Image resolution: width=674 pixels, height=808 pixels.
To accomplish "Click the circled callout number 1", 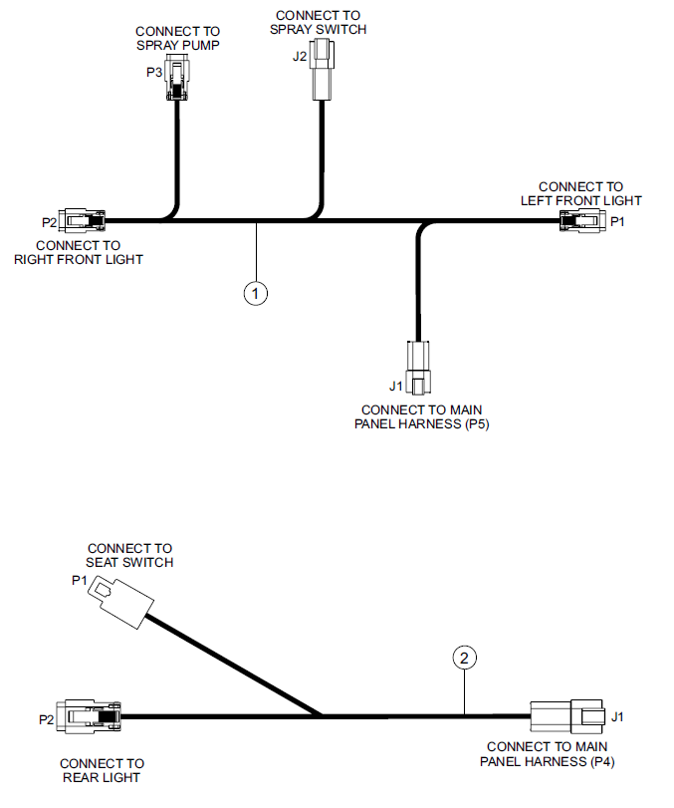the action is point(256,294).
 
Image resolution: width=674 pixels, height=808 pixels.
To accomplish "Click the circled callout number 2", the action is point(465,658).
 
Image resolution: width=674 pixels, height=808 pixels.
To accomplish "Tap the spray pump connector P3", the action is point(176,80).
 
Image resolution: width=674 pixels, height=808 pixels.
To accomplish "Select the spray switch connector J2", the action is point(323,70).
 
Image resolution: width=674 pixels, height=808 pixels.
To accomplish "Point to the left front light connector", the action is point(582,221).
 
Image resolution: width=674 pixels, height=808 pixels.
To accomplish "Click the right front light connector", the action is point(82,221).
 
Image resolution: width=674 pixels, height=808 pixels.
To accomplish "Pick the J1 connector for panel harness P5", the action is point(418,368).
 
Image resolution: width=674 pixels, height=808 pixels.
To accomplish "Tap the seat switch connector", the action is point(121,602).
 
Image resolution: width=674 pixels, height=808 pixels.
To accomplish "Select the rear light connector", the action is point(89,716).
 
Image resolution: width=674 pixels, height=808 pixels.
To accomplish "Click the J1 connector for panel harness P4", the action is point(566,716).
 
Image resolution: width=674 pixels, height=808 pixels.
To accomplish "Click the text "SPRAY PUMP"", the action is point(178,46).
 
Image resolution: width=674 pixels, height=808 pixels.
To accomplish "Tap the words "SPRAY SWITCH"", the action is point(319,29).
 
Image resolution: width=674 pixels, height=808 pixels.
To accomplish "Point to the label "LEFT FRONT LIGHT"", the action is point(581,201).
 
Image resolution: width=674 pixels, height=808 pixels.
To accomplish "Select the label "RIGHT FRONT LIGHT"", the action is point(79,260).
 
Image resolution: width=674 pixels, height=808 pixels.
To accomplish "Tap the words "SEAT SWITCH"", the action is point(129,562).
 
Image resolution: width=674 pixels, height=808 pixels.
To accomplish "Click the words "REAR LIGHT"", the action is point(102,777).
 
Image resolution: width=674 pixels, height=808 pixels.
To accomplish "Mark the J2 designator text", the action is point(300,57).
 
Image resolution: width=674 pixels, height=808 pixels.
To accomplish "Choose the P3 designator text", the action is point(154,72).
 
